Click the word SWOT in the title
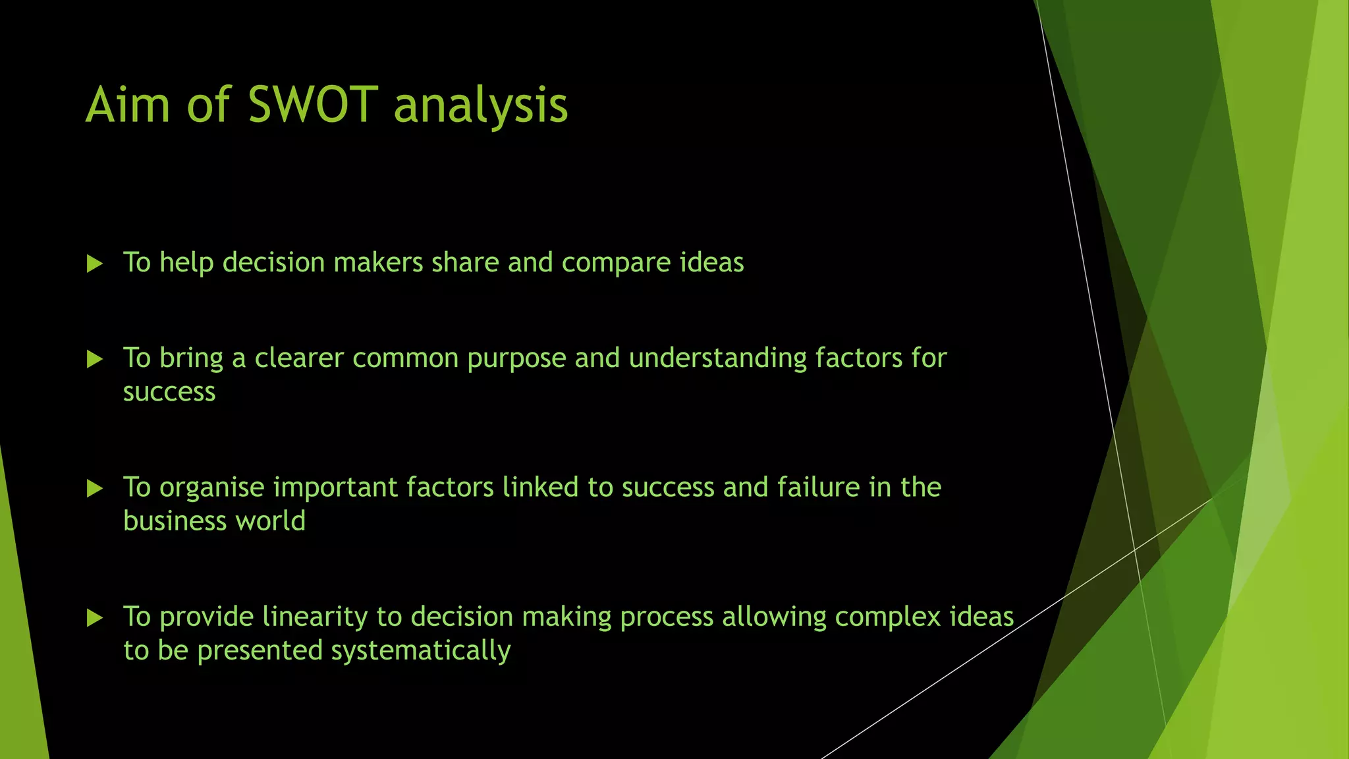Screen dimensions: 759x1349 (x=312, y=105)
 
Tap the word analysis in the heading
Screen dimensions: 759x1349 (x=480, y=106)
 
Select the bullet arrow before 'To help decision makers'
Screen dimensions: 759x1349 (x=95, y=264)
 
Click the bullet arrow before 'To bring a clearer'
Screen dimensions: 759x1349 (x=95, y=359)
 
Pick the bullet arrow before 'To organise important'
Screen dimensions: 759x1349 (x=95, y=488)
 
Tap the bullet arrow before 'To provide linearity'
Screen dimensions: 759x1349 (x=95, y=618)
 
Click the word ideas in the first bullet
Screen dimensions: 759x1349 (x=711, y=262)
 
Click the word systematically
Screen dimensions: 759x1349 (x=420, y=651)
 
